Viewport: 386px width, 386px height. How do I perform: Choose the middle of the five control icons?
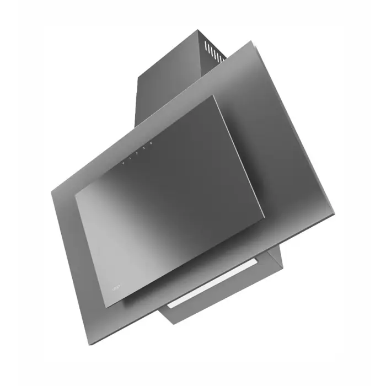(x=137, y=154)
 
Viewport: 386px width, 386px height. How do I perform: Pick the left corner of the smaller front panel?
(x=75, y=194)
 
